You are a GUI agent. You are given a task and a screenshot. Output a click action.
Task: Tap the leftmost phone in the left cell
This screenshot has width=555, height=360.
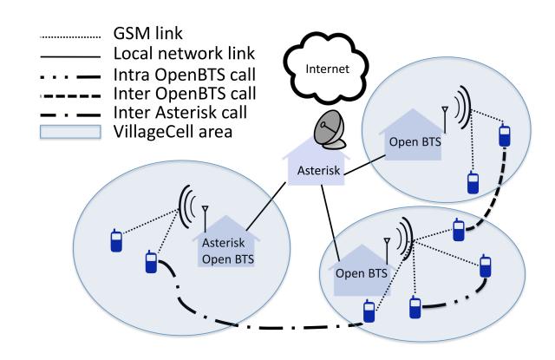[x=114, y=240]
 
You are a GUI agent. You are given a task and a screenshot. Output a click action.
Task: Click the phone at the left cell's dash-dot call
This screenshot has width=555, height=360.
[x=151, y=263]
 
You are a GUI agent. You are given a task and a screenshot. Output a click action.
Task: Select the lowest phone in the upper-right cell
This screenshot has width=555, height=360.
[x=473, y=184]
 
